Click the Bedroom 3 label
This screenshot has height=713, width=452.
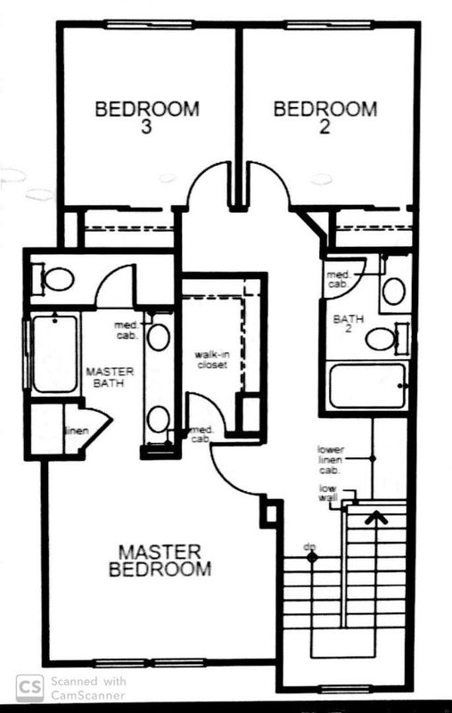pyautogui.click(x=147, y=117)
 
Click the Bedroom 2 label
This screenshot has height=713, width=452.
pyautogui.click(x=325, y=117)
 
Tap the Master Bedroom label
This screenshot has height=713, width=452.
pyautogui.click(x=160, y=561)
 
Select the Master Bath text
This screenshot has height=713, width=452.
pyautogui.click(x=110, y=377)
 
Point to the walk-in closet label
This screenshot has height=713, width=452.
pyautogui.click(x=212, y=359)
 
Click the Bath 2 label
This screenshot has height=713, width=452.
pyautogui.click(x=349, y=323)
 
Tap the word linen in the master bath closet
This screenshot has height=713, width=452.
pyautogui.click(x=78, y=430)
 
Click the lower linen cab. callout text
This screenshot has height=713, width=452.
pyautogui.click(x=331, y=460)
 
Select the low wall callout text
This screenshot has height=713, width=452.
pyautogui.click(x=328, y=493)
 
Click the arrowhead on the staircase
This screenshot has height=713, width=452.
pyautogui.click(x=377, y=517)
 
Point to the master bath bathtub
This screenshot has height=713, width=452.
pyautogui.click(x=55, y=354)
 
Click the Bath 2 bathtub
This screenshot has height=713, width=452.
pyautogui.click(x=367, y=386)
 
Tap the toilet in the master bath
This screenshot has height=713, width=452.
pyautogui.click(x=54, y=279)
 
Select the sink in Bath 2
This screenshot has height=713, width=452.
pyautogui.click(x=394, y=291)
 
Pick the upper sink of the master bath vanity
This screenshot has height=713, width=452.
pyautogui.click(x=159, y=337)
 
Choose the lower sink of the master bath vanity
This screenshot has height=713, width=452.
pyautogui.click(x=159, y=419)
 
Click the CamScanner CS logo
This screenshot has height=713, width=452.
pyautogui.click(x=30, y=688)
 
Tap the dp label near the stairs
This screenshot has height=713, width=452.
pyautogui.click(x=309, y=546)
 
